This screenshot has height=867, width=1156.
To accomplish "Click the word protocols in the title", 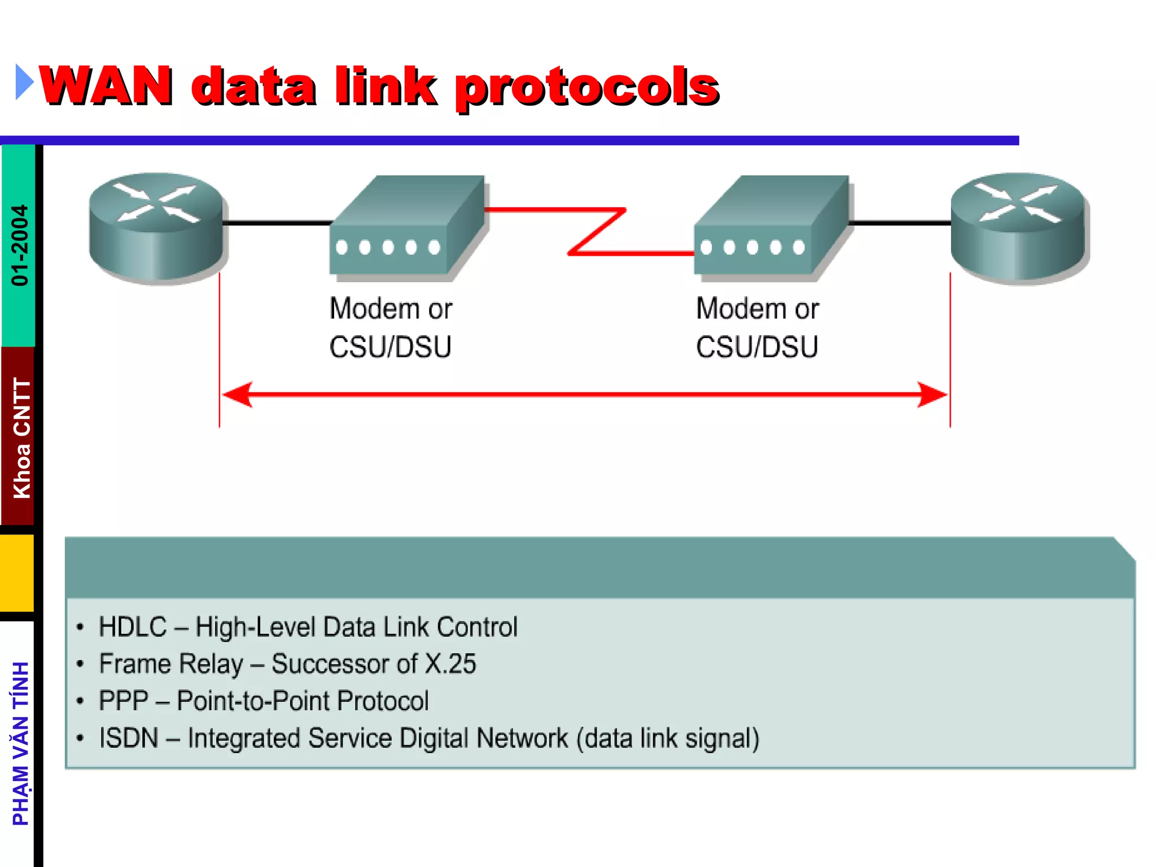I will click(x=587, y=87).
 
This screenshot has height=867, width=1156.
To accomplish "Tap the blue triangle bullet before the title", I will click(x=24, y=82).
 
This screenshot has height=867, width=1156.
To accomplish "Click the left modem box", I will click(x=406, y=229).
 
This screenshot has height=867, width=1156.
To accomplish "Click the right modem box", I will click(x=771, y=229).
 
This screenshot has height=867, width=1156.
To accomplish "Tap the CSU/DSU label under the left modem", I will click(x=390, y=347).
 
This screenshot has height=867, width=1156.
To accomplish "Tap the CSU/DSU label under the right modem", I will click(x=756, y=347).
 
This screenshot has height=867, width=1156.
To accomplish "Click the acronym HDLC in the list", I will click(x=133, y=627).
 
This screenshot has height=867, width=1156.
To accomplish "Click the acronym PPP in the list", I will click(x=124, y=701).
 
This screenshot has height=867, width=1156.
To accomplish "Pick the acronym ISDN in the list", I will click(x=129, y=738).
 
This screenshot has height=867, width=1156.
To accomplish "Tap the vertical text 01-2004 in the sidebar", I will click(x=20, y=245).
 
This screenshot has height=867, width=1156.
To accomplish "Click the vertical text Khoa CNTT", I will click(x=21, y=438).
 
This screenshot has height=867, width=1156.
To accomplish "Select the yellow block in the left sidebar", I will click(x=17, y=572).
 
